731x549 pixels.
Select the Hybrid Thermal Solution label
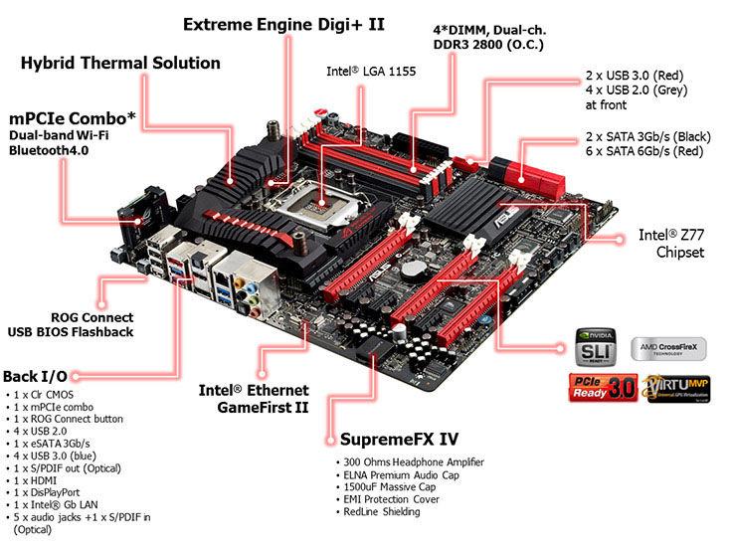(120, 64)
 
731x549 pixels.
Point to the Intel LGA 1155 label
(371, 72)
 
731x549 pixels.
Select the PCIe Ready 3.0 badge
(597, 386)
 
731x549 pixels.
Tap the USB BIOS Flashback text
(71, 331)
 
